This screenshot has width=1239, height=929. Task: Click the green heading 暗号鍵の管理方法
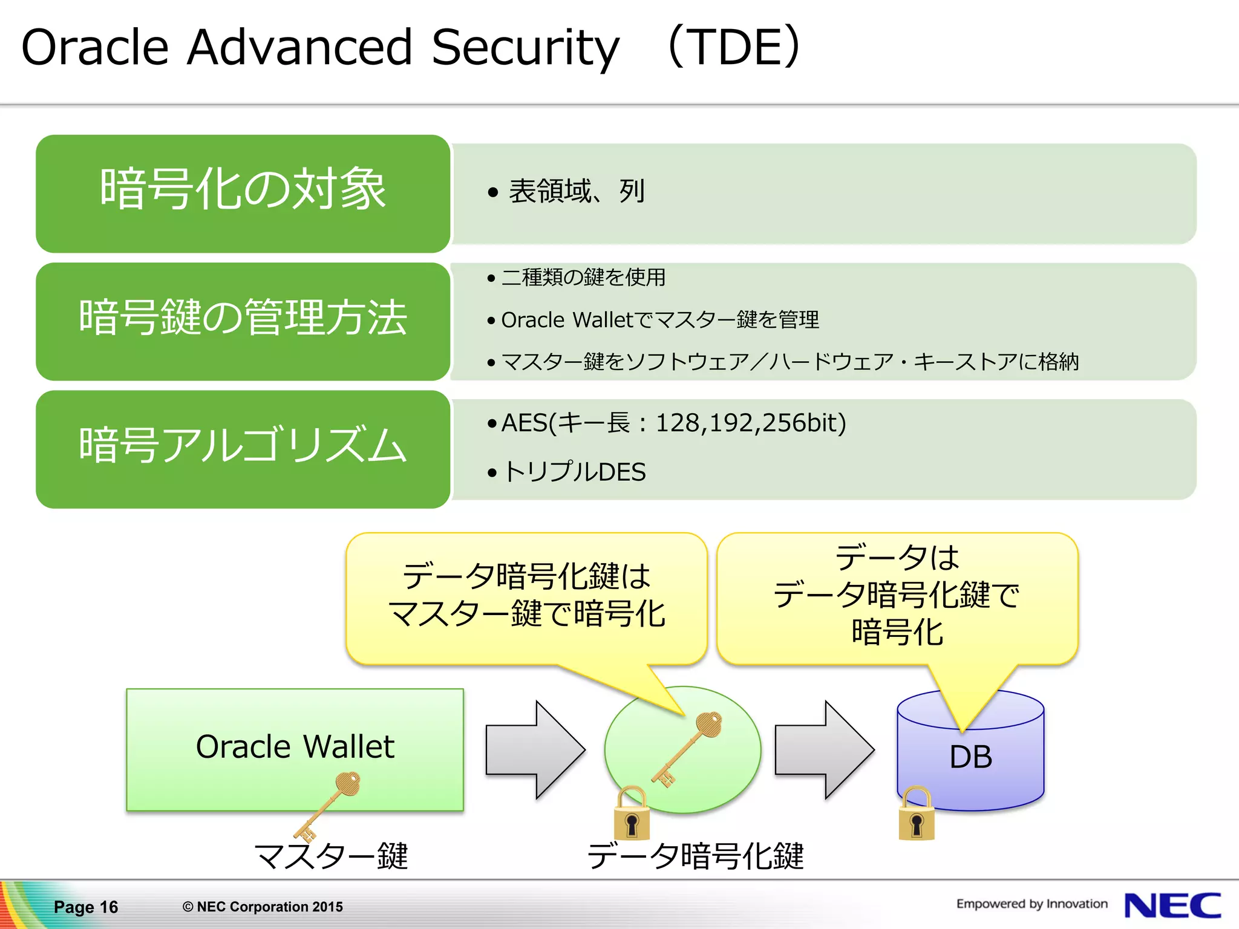coord(243,318)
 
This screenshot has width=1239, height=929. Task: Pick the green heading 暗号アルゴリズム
coord(243,446)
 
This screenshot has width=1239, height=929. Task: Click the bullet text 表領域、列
coord(577,192)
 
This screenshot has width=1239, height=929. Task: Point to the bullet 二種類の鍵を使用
coord(583,278)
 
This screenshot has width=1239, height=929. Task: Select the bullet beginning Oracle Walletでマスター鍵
coord(659,320)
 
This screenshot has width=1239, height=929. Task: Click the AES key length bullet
coord(673,423)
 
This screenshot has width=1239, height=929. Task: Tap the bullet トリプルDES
coord(574,472)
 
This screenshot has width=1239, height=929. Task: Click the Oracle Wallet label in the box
coord(295,746)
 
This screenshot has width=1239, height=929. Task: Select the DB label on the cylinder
coord(970,757)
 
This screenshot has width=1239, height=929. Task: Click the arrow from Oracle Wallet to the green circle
coord(535,750)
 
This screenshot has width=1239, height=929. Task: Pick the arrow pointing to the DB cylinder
coord(824,750)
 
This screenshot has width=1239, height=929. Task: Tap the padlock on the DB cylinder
coord(917,815)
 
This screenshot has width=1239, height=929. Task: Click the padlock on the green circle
coord(632,815)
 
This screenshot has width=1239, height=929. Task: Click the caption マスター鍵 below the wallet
coord(331,856)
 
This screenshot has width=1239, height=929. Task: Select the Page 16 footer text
coord(85,907)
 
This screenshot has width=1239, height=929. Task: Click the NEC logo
coord(1172,905)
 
